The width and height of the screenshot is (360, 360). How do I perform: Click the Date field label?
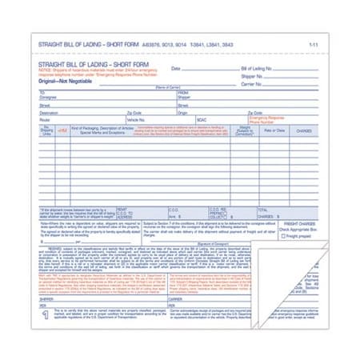pyautogui.click(x=175, y=70)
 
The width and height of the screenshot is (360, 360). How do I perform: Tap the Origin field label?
pyautogui.click(x=181, y=113)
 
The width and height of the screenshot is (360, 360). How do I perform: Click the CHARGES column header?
pyautogui.click(x=304, y=130)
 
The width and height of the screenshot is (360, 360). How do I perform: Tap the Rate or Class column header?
pyautogui.click(x=274, y=130)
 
